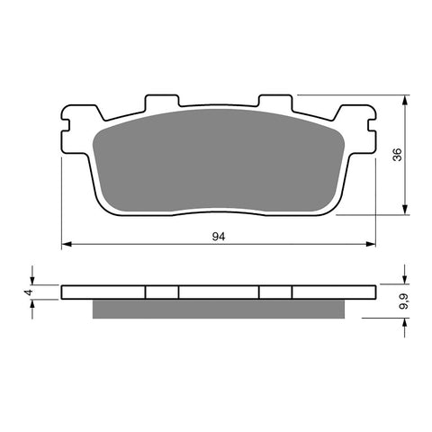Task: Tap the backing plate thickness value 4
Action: (x=27, y=292)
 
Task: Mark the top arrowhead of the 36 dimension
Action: (x=404, y=97)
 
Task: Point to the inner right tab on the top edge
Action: (x=274, y=100)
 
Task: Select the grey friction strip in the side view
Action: (x=219, y=308)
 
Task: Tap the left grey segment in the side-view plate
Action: (x=162, y=292)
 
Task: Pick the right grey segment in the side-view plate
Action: (x=276, y=292)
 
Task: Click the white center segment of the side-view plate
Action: (x=219, y=292)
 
